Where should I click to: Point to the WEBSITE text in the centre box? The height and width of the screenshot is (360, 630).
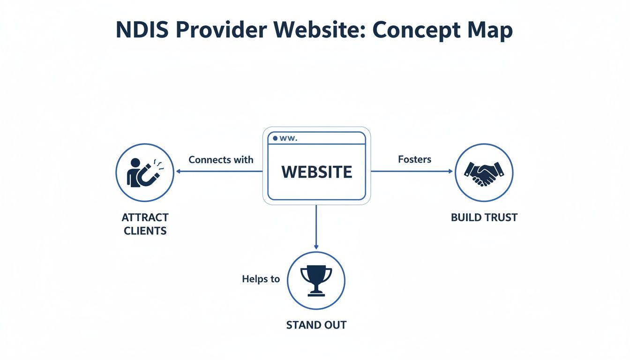point(316,172)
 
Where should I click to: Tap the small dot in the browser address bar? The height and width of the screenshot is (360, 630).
point(275,138)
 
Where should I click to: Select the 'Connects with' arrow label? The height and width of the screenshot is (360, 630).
point(221,159)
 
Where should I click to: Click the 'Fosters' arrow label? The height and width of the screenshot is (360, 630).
point(414,159)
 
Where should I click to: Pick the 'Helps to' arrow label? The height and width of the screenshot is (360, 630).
point(261,279)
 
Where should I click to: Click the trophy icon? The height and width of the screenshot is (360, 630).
point(316,280)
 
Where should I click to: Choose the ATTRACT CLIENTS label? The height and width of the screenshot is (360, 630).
point(145,224)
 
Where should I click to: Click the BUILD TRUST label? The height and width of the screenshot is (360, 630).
point(484,217)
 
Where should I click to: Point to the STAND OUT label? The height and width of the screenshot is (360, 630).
point(316,325)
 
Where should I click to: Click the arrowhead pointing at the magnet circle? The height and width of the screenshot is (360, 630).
point(178,172)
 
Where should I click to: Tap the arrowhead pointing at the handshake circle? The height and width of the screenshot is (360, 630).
point(450,172)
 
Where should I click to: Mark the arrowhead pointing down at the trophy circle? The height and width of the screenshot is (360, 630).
point(316,247)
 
